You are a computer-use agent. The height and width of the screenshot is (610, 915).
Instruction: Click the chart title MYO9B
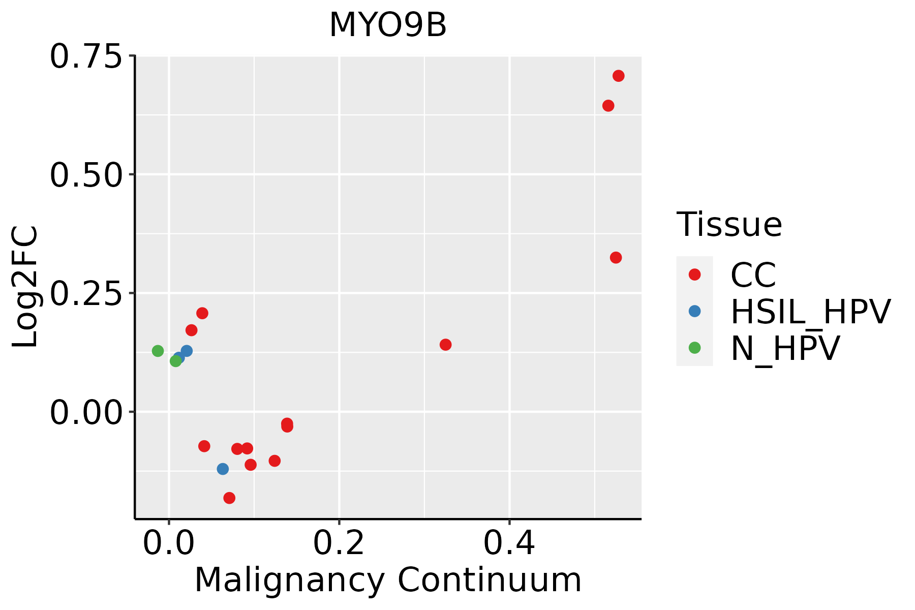[388, 25]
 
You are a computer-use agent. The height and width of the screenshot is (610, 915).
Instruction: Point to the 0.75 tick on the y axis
[86, 56]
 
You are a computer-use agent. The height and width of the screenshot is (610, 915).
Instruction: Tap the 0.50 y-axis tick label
[86, 175]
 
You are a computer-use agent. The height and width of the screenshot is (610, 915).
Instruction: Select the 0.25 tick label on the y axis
[86, 294]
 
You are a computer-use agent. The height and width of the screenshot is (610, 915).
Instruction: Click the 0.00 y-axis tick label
[86, 413]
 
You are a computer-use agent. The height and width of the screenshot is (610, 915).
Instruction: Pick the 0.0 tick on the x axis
[169, 543]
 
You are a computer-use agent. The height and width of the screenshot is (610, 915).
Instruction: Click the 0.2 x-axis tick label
[339, 543]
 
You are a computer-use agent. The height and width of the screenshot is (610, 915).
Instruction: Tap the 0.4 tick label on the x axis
[509, 543]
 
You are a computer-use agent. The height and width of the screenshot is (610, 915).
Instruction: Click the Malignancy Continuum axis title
[388, 580]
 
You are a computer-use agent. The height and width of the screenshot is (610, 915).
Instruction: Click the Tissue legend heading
[729, 224]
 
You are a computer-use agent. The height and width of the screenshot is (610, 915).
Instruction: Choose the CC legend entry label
[753, 275]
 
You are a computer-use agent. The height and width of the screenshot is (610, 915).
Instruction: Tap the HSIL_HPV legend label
[810, 312]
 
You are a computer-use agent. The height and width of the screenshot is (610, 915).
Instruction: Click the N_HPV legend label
[785, 348]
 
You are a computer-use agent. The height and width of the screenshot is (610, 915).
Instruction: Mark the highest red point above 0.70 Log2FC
[618, 76]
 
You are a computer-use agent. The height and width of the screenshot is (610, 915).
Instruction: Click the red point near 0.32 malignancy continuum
[445, 345]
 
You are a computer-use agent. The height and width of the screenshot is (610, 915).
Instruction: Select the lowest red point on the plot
[229, 498]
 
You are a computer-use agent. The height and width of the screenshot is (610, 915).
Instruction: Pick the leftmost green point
[158, 351]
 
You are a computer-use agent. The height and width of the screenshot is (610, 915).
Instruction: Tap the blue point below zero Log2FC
[223, 469]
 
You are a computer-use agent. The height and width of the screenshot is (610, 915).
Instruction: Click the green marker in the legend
[694, 348]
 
